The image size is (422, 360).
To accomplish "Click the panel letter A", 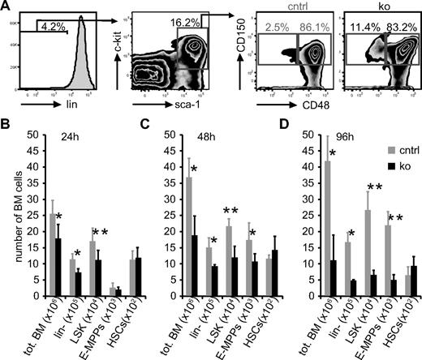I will tap(6, 7).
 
